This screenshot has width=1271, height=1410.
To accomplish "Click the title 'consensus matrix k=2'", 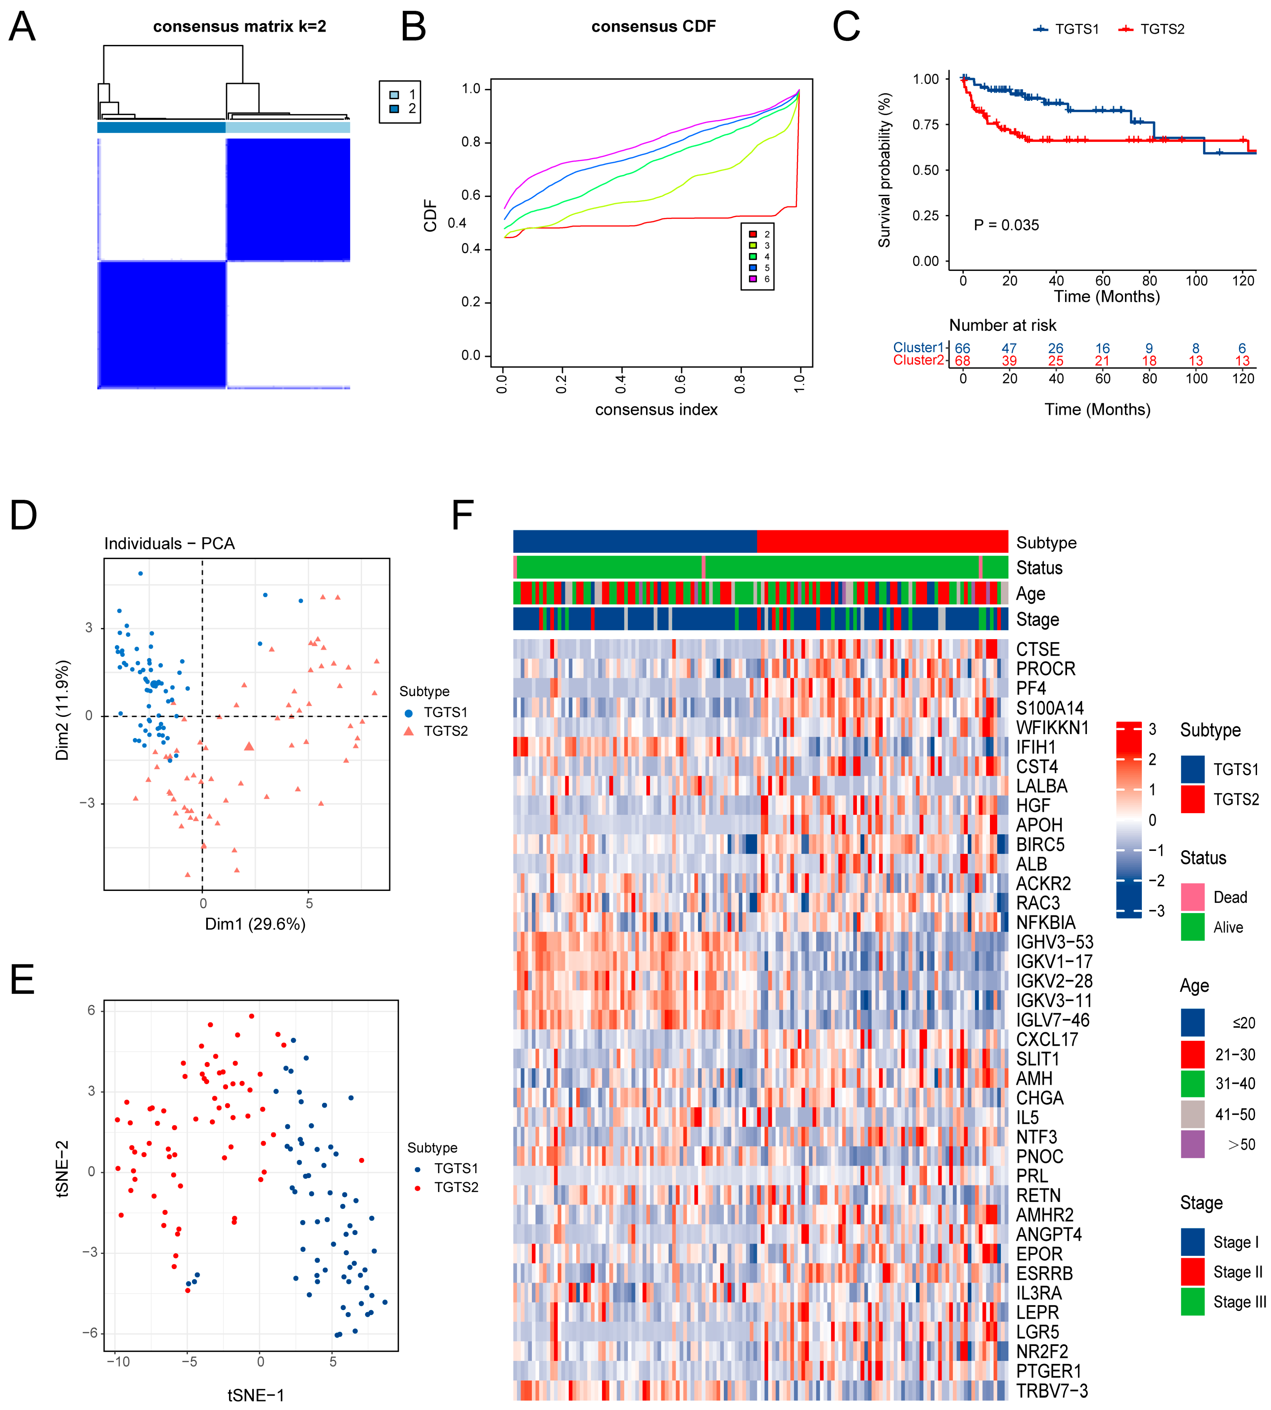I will coord(239,27).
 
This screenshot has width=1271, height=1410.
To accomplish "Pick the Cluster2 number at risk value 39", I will coord(1009,361).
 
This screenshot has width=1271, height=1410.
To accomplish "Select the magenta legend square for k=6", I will coord(753,279).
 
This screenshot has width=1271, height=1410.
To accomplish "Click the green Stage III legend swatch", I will coord(1193,1302).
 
